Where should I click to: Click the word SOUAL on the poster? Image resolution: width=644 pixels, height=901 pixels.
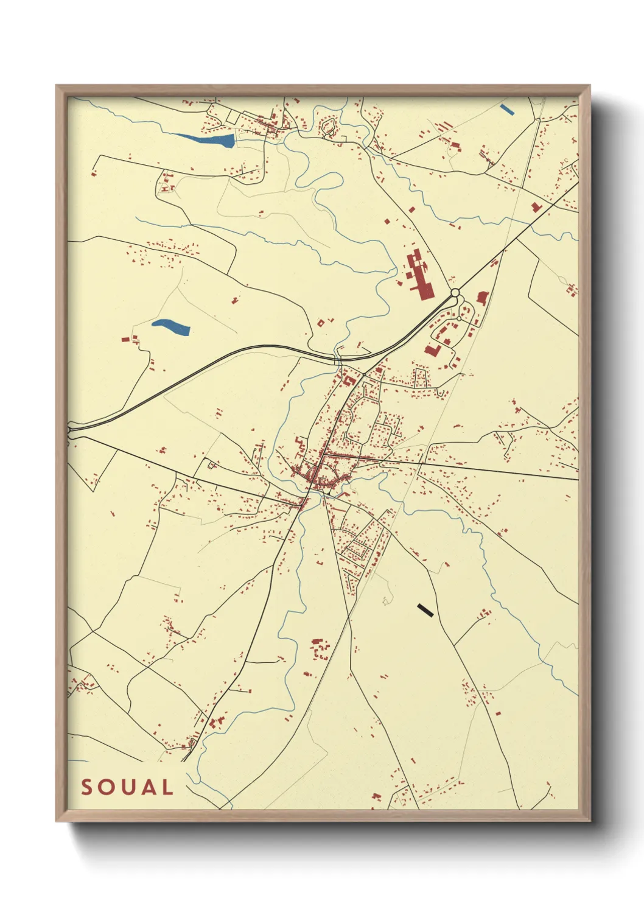pos(127,787)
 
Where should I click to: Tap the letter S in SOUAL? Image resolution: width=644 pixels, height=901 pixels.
pos(87,787)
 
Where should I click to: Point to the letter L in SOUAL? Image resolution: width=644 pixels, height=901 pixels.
pos(167,787)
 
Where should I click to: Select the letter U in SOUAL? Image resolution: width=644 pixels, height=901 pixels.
pos(127,787)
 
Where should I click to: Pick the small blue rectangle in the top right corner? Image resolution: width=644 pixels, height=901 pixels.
pos(506,110)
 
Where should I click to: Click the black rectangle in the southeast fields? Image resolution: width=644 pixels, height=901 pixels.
pos(425,609)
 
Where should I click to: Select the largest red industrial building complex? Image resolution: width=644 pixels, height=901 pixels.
pos(419,275)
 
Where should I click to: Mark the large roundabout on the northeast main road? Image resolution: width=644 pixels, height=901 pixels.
pos(455,293)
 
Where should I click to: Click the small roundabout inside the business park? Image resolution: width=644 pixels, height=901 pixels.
pos(459,318)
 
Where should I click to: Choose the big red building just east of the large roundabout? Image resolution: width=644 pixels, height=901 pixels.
pos(482,298)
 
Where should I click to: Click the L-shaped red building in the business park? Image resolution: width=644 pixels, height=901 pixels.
pos(433,351)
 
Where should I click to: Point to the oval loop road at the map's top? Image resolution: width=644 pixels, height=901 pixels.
pos(329,127)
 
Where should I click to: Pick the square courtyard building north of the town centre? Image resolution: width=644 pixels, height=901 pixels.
pos(349,380)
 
